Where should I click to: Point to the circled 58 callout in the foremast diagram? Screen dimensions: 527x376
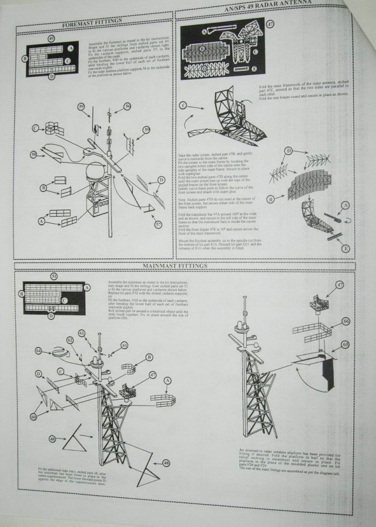coord(34,154)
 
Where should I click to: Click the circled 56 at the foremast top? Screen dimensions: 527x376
coord(127,106)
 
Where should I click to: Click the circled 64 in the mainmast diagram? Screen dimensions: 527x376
coord(38,350)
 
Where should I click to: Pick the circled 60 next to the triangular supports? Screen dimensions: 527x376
coord(33,415)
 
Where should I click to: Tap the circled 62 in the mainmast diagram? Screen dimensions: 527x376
coord(69,340)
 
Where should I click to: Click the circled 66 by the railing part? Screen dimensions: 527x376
coord(345,321)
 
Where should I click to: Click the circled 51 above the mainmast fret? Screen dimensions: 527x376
coord(53,275)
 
